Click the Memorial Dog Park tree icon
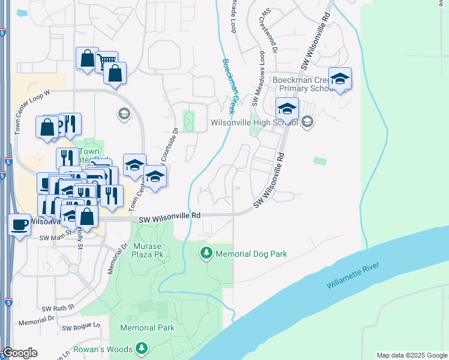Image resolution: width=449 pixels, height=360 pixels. tap(206, 254)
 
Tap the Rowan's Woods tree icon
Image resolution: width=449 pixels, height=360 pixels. tap(142, 349)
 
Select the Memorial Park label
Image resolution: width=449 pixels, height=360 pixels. tap(147, 328)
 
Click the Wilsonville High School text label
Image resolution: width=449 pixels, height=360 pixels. tap(254, 122)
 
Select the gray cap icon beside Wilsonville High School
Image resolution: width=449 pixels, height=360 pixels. tap(307, 122)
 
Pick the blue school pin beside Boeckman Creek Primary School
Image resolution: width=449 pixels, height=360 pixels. tap(340, 79)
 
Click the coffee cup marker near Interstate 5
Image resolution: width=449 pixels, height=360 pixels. tap(19, 225)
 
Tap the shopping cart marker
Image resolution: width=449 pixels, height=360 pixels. tap(106, 61)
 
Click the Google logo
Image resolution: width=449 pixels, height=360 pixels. tap(20, 353)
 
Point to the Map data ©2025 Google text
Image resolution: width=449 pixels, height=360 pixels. tap(411, 355)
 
